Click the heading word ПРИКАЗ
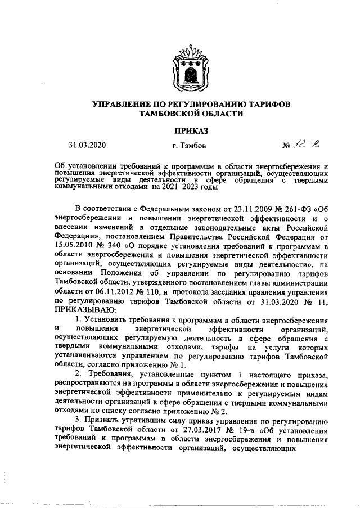[x=191, y=131]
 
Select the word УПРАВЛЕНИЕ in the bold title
[x=125, y=105]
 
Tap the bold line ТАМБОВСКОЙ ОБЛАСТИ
[x=191, y=114]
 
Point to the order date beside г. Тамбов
[x=87, y=145]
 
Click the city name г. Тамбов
[x=190, y=146]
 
